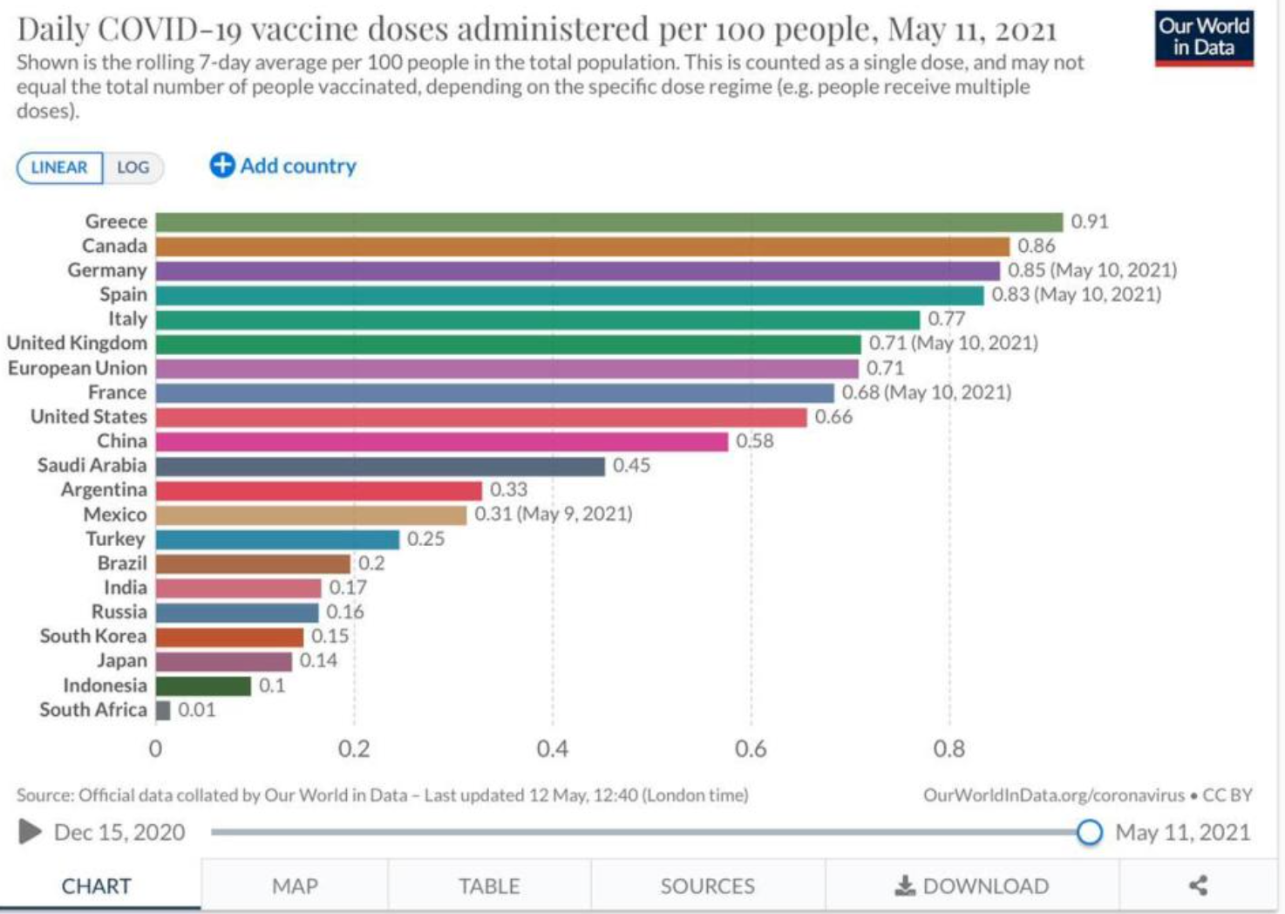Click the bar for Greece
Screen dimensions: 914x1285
[x=609, y=222]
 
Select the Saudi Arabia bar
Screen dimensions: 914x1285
[x=380, y=466]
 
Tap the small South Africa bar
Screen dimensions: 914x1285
[x=163, y=710]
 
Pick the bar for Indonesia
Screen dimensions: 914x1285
[x=203, y=685]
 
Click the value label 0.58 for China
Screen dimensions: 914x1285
[x=754, y=441]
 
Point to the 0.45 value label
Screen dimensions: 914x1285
[x=631, y=466]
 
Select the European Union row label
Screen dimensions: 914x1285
[x=78, y=368]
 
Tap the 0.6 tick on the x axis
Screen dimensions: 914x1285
[x=751, y=749]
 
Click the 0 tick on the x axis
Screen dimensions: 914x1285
[x=155, y=749]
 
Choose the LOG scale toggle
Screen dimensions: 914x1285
[x=133, y=167]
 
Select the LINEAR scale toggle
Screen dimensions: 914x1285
[x=59, y=167]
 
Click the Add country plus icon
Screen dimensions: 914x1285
[x=222, y=165]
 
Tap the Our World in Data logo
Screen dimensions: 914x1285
[x=1204, y=38]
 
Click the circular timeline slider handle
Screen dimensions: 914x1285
[x=1089, y=832]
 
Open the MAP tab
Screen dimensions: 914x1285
[x=295, y=886]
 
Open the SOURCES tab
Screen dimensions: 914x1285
[x=707, y=886]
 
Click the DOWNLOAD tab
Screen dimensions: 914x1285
[x=972, y=886]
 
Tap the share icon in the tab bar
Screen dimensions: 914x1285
[x=1199, y=886]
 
